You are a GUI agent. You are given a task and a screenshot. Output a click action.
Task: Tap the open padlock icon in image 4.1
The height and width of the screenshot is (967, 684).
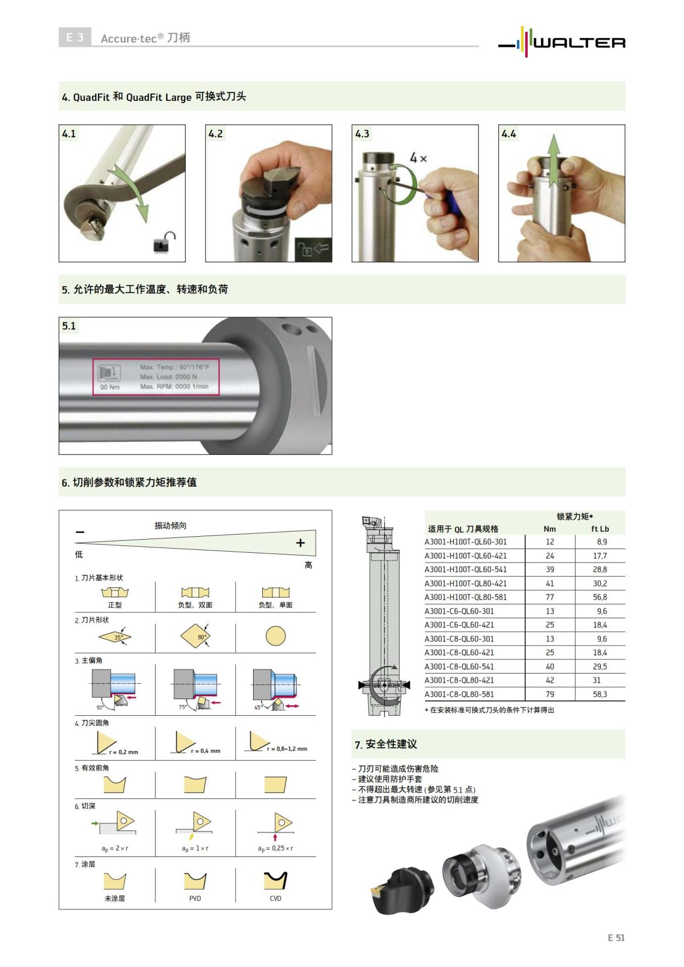[164, 242]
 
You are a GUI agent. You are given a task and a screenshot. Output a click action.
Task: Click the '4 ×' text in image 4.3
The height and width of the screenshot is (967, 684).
[418, 158]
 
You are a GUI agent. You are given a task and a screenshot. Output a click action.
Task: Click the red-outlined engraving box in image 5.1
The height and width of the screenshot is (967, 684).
[156, 377]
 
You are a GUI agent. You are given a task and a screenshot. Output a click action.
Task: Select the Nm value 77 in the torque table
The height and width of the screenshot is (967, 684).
[549, 597]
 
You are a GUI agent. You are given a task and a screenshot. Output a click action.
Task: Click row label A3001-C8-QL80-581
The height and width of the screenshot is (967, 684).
[459, 694]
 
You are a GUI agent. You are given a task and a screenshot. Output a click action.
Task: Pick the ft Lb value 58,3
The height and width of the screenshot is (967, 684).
[600, 694]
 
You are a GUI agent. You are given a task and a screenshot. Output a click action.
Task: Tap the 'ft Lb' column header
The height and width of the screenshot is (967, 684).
[600, 529]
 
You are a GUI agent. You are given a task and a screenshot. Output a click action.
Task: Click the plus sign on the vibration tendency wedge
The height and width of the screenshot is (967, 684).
[300, 543]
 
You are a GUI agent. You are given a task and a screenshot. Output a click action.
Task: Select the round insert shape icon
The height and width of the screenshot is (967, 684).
[275, 635]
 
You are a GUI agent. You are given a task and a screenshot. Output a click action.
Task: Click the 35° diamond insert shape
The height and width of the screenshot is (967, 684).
[115, 636]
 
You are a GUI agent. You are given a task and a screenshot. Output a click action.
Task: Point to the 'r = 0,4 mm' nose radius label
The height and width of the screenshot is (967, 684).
[205, 750]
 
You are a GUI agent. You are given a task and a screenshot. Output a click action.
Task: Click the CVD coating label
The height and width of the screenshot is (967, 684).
[275, 898]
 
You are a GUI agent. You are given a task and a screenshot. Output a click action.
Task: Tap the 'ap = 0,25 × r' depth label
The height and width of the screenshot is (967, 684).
[275, 848]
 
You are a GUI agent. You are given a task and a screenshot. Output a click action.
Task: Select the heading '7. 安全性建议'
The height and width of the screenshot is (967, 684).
[386, 744]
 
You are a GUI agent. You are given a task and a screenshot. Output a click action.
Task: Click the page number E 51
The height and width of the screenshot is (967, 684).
[616, 937]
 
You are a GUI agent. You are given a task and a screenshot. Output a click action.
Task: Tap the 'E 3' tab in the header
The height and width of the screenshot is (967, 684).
[75, 38]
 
